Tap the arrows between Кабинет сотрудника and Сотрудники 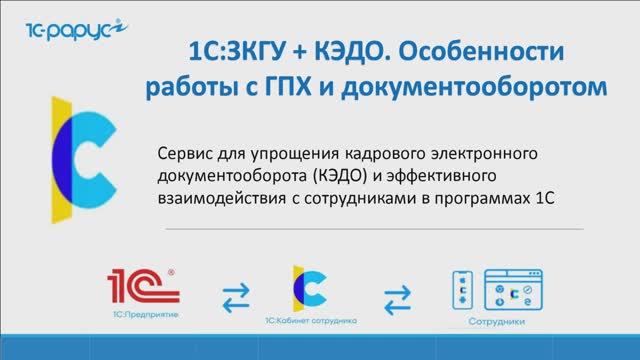pyautogui.click(x=397, y=297)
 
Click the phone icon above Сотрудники pyautogui.click(x=461, y=290)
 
